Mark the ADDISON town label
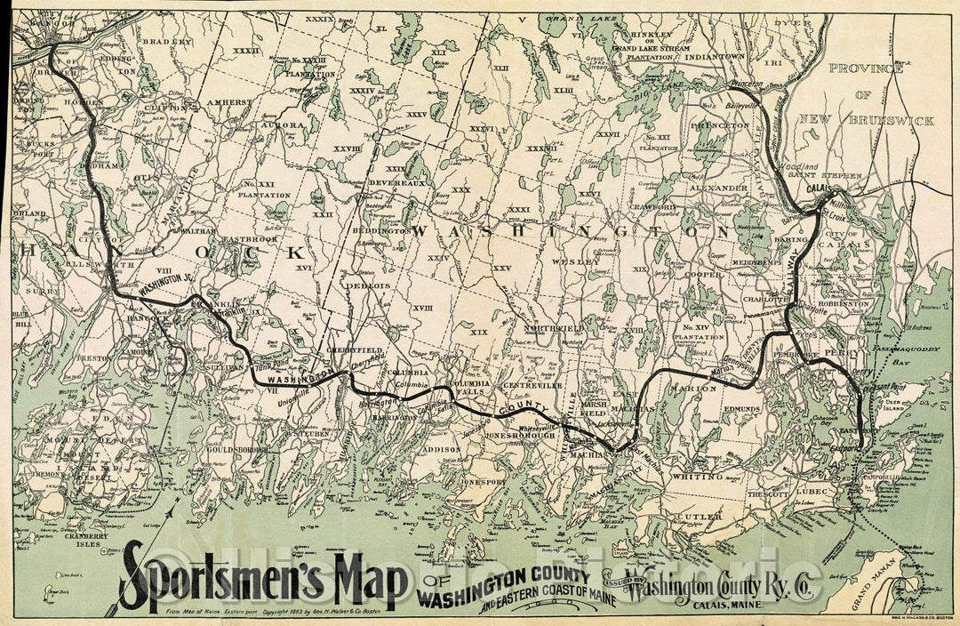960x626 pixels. tap(440, 450)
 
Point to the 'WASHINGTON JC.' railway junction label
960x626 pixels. tap(166, 287)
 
